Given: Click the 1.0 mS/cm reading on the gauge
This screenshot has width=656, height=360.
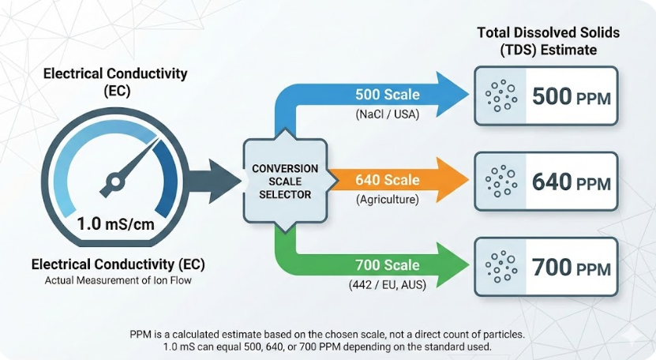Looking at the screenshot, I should pyautogui.click(x=116, y=223).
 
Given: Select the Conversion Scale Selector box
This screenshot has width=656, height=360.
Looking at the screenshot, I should pyautogui.click(x=285, y=182).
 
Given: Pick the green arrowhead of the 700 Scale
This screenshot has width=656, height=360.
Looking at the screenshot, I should pyautogui.click(x=447, y=267).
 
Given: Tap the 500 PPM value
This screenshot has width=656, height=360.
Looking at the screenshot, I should pyautogui.click(x=571, y=97).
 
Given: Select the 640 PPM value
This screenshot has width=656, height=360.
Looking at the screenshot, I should pyautogui.click(x=571, y=182).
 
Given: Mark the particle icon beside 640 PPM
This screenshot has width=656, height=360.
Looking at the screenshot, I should pyautogui.click(x=500, y=182).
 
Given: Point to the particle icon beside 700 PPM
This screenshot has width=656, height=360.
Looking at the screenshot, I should pyautogui.click(x=500, y=268).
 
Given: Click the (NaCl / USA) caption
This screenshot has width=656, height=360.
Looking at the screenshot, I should pyautogui.click(x=386, y=115).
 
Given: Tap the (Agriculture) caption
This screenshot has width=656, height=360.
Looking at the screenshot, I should pyautogui.click(x=386, y=200).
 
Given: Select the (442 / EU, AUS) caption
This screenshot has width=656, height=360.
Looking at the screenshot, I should pyautogui.click(x=386, y=285).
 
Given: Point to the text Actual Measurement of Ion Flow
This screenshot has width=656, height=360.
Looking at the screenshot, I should pyautogui.click(x=115, y=280).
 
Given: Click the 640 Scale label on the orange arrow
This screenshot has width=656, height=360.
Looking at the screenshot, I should pyautogui.click(x=386, y=181).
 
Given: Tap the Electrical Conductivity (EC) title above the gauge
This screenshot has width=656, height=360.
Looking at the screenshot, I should pyautogui.click(x=115, y=81).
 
